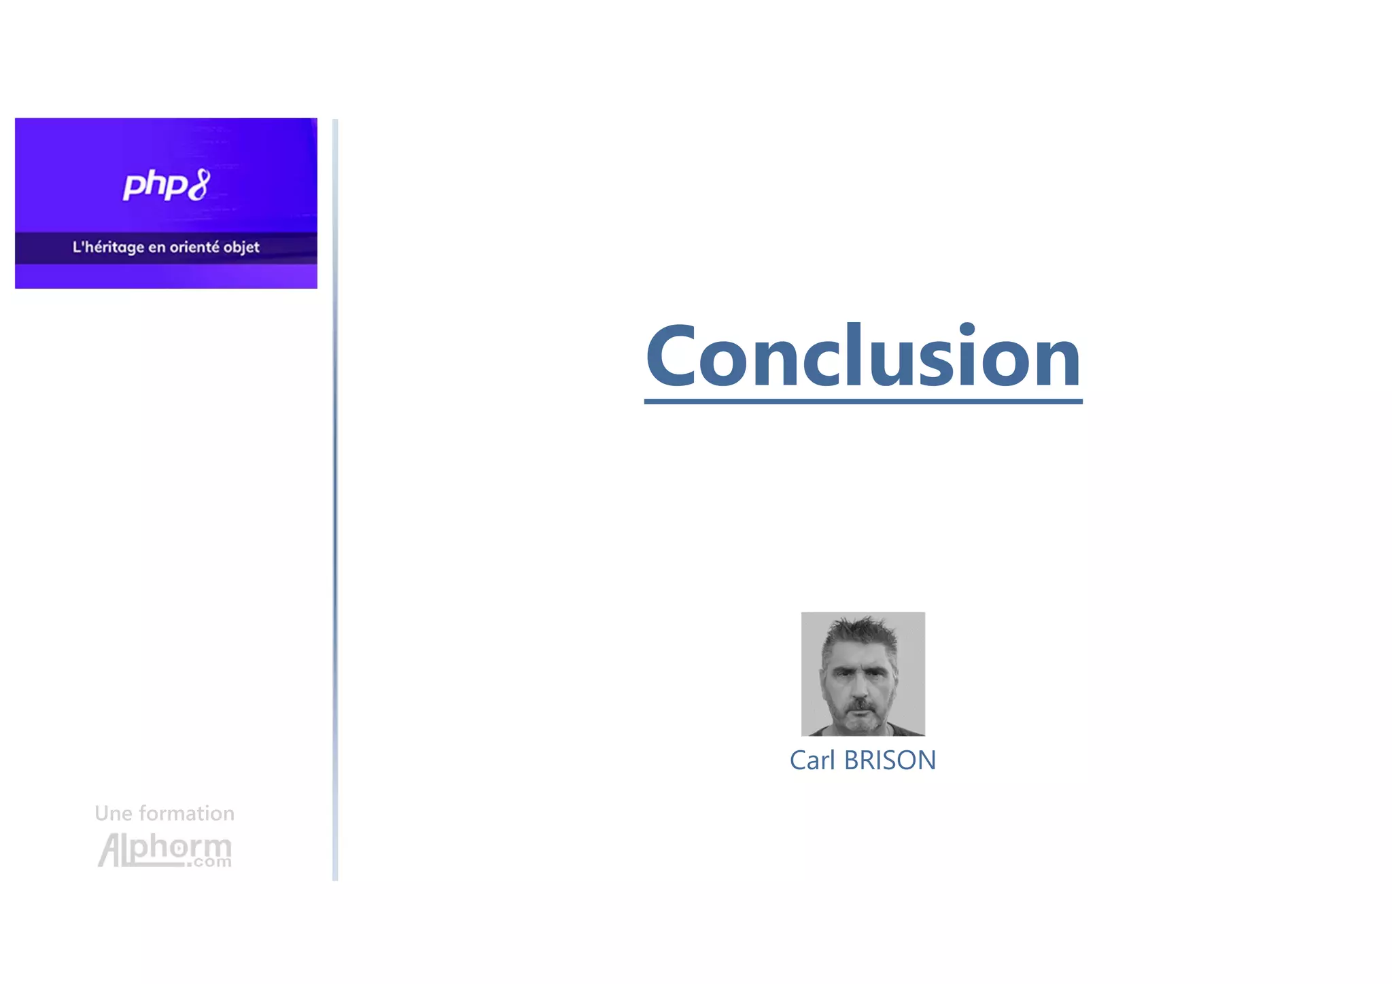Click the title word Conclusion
click(863, 357)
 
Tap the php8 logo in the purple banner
click(166, 186)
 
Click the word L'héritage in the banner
click(108, 247)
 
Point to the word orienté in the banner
click(194, 247)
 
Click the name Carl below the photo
click(812, 760)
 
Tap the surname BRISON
click(890, 760)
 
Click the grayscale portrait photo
click(863, 674)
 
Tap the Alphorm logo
click(164, 849)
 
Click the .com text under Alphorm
click(210, 862)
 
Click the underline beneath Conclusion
click(863, 402)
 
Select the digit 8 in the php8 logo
click(198, 185)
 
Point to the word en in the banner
click(156, 247)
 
